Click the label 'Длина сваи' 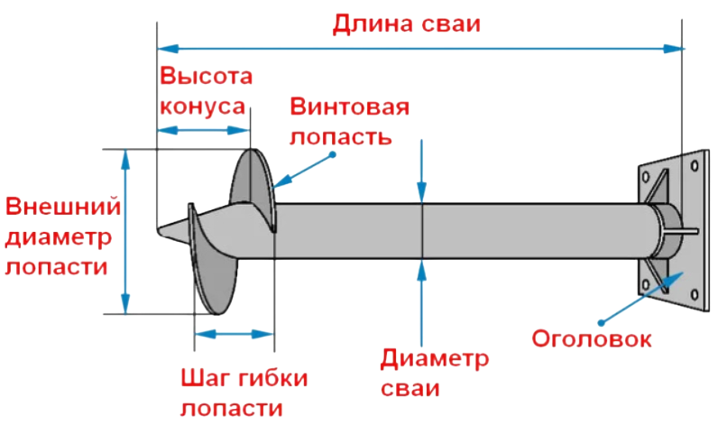(407, 23)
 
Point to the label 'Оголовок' (591, 339)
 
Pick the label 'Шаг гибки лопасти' (244, 392)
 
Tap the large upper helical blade (250, 181)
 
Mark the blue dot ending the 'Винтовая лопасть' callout (332, 154)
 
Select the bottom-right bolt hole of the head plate (694, 292)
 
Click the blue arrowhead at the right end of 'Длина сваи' (674, 46)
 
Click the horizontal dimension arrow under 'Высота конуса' (204, 131)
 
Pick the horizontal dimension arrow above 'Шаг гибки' (235, 334)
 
